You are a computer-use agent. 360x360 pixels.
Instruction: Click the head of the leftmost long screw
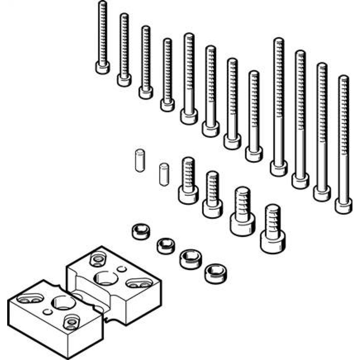103,67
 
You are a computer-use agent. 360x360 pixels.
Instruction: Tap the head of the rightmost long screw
343,206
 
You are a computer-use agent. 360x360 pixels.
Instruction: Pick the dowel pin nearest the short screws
164,174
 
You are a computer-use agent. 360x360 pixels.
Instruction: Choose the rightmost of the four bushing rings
213,274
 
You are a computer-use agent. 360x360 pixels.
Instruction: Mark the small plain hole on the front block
46,311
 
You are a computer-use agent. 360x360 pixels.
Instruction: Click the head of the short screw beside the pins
188,194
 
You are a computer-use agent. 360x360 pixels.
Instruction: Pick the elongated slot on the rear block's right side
139,282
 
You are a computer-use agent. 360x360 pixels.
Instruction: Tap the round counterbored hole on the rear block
97,259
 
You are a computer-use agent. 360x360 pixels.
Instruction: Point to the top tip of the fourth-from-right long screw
279,39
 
